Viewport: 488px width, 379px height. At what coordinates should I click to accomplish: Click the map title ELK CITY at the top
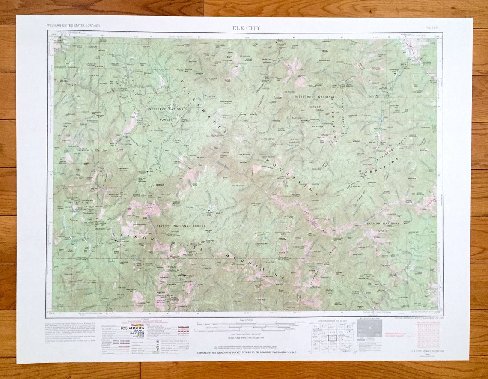tap(246, 28)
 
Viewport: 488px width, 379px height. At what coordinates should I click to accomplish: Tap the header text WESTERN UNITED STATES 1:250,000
tap(73, 26)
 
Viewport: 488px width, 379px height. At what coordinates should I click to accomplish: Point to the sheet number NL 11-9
tap(431, 27)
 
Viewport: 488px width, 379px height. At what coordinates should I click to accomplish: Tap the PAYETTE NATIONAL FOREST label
tap(182, 226)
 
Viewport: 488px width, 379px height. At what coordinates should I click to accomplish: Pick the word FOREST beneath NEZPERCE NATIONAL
tap(166, 119)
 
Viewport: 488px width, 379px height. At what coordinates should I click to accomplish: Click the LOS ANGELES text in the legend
tap(131, 328)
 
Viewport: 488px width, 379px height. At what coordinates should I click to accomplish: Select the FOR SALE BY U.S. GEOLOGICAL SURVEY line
tap(246, 352)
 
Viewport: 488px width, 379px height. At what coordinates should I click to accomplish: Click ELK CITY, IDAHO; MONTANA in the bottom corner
tap(427, 351)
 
